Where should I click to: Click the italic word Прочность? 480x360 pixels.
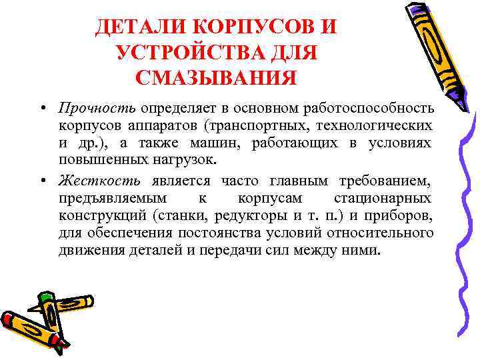coord(97,108)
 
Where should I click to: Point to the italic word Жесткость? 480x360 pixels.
coord(99,180)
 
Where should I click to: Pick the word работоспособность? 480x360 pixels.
coord(369,108)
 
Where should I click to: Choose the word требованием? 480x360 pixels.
coord(381,180)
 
